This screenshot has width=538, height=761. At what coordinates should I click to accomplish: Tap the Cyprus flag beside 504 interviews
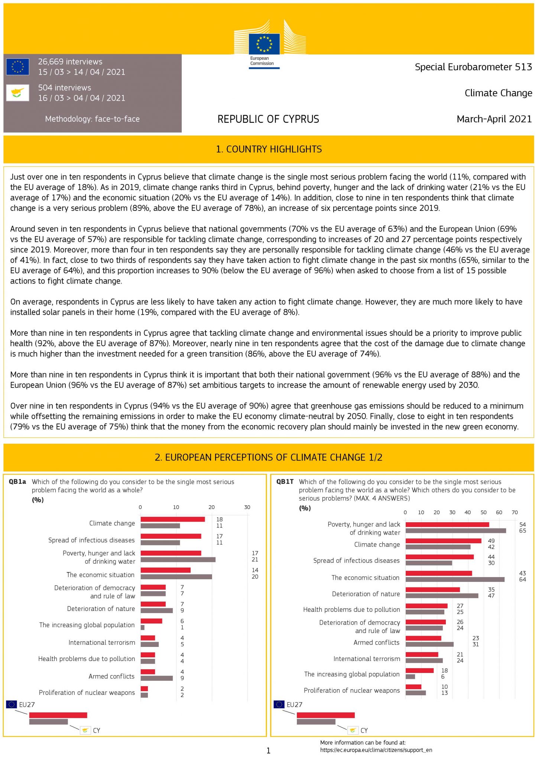pos(17,93)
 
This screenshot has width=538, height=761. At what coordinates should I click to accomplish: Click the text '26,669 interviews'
pos(70,62)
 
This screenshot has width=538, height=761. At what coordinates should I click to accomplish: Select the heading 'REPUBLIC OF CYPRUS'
pos(268,119)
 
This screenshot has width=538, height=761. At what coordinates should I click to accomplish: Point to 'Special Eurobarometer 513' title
pos(473,67)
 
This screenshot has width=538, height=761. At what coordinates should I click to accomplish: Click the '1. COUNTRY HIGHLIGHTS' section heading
pos(269,149)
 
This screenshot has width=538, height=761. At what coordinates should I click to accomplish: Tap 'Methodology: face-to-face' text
pos(92,119)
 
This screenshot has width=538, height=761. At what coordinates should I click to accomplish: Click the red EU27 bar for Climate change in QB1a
pos(173,519)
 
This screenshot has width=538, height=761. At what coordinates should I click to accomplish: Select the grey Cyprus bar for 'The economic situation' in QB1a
pos(176,577)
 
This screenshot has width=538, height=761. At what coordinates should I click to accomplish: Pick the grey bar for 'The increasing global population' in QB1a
pos(143,628)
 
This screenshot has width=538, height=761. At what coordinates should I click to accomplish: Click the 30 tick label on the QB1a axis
pos(247,507)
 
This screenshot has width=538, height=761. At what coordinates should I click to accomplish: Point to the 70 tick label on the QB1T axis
pos(515,512)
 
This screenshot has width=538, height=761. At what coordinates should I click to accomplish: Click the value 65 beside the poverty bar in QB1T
pos(522,531)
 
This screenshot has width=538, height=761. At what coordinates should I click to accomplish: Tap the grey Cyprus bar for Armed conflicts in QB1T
pos(430,644)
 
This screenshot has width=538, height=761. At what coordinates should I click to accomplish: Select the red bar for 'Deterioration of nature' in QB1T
pos(433,590)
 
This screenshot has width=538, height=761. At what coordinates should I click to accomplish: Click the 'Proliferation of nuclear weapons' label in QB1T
pos(352,690)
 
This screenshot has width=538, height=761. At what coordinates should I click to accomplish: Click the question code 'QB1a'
pos(17,482)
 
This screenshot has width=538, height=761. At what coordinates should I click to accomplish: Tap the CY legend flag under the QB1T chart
pos(353,730)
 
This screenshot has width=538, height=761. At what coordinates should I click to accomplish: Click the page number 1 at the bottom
pos(268,751)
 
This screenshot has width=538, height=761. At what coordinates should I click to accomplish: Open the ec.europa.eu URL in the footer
pos(376,750)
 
